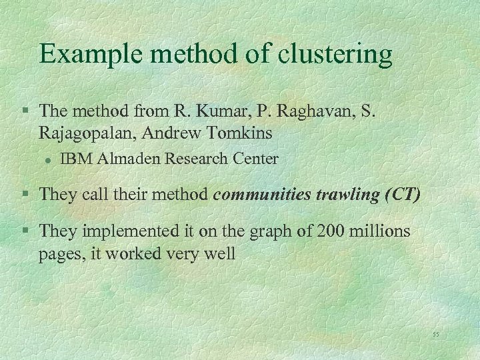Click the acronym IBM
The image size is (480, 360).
click(75, 159)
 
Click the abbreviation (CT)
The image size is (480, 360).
click(402, 194)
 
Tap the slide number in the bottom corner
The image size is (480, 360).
click(436, 333)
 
